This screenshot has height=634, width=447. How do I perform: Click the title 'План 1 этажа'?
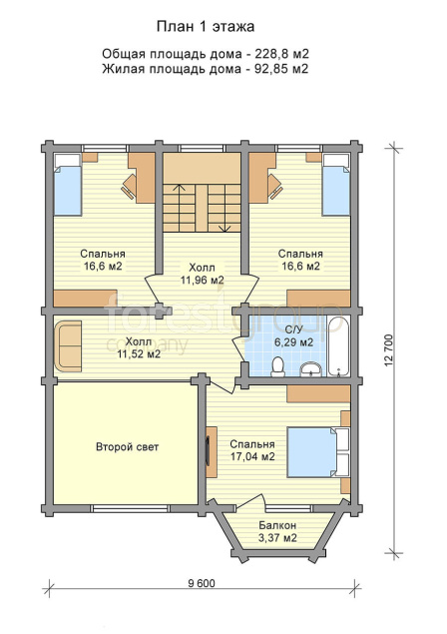click(x=206, y=27)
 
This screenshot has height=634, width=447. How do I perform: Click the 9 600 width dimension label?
click(x=202, y=583)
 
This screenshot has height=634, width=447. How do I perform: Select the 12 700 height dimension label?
click(x=389, y=350)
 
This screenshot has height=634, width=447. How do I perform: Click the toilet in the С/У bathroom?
click(x=277, y=366)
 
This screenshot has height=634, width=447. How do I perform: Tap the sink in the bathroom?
click(x=310, y=368)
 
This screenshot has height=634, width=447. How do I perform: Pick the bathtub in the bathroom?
click(x=338, y=346)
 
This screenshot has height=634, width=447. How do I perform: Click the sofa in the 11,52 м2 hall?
click(x=68, y=345)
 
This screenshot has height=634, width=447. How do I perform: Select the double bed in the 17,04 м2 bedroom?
click(x=313, y=452)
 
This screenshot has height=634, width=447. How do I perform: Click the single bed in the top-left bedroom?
click(x=68, y=185)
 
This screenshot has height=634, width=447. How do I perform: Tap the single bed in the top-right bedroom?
click(x=336, y=185)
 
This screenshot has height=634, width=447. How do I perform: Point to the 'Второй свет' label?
click(x=128, y=446)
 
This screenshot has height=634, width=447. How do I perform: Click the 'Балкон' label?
click(x=277, y=525)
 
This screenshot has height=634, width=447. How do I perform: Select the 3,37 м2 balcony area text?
click(x=277, y=538)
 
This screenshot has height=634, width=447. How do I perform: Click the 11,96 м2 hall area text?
click(x=203, y=280)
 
